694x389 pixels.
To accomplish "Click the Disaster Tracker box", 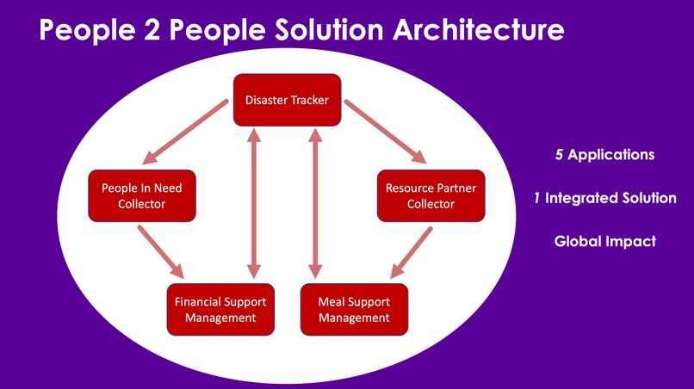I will click(288, 100).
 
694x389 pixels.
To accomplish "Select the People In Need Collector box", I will click(142, 196).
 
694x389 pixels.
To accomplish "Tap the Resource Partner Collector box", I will click(431, 196).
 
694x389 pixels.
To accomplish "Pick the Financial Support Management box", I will click(220, 309).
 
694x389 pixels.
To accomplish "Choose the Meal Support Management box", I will click(354, 309).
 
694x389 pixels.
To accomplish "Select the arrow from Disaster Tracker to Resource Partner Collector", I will click(385, 132).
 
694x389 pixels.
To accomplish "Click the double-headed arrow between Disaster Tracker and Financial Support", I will click(254, 203).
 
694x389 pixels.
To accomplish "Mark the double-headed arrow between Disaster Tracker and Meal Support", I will click(315, 203).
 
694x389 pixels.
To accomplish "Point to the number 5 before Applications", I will click(560, 155).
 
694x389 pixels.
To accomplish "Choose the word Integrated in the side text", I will click(583, 198).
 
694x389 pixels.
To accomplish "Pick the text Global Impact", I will click(605, 241).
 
